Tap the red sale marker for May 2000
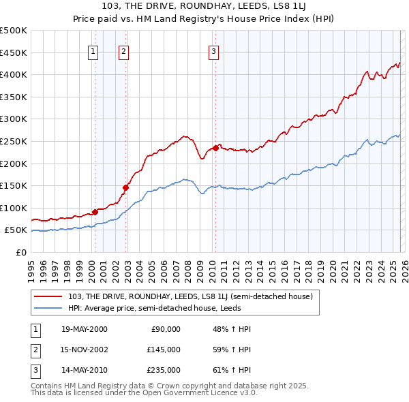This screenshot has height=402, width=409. tap(95, 212)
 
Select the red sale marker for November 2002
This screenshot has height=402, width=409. tap(125, 187)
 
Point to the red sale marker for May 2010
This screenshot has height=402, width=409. tap(215, 148)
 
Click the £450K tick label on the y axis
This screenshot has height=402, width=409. tap(14, 52)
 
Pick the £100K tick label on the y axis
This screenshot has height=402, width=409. tap(14, 208)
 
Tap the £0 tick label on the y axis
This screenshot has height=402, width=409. tap(22, 252)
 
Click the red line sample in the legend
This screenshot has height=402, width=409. tap(48, 296)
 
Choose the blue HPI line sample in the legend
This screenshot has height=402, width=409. tap(48, 307)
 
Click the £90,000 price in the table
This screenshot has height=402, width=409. tap(166, 329)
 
